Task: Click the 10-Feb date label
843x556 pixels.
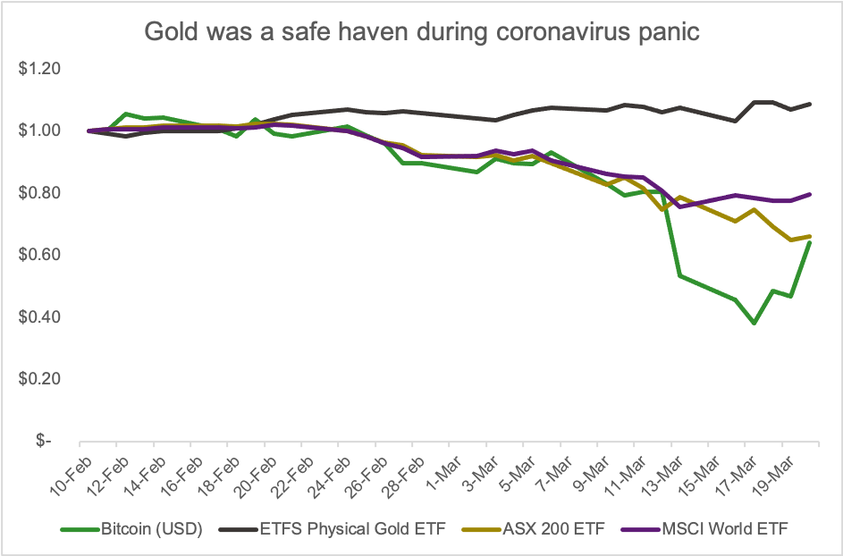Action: [64, 470]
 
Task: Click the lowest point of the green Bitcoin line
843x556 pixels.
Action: [754, 323]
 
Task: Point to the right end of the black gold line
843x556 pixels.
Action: [810, 104]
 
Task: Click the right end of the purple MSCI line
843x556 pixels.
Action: [810, 194]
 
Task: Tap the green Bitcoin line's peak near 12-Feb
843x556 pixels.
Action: [125, 114]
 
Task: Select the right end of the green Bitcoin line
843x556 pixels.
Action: [810, 242]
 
